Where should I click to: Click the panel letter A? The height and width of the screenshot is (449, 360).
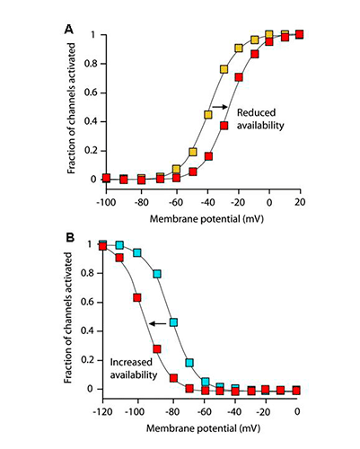click(69, 30)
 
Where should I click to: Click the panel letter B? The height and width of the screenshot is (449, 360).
click(70, 238)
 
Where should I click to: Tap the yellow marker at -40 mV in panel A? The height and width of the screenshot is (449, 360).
click(208, 115)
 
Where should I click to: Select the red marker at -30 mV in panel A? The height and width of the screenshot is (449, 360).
click(224, 126)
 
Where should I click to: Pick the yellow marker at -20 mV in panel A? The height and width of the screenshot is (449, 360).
click(239, 48)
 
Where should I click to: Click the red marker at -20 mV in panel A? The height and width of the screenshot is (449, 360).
click(239, 77)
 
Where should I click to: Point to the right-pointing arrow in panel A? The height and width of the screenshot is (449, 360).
click(220, 107)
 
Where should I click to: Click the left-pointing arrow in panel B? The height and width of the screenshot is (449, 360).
click(158, 323)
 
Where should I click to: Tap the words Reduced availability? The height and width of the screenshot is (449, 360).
click(260, 119)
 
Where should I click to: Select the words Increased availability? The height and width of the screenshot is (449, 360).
click(134, 368)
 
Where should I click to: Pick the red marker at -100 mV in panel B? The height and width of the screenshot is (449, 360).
click(137, 298)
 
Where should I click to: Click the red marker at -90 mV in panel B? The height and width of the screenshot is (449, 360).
click(157, 349)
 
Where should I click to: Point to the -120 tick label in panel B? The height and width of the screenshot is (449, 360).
click(102, 412)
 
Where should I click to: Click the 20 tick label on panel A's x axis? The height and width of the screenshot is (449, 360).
click(300, 202)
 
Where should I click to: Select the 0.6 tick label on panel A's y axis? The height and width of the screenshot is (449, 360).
click(91, 92)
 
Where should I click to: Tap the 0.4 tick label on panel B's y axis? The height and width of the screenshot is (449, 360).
click(87, 330)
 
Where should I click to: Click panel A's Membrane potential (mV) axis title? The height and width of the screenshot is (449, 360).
click(206, 219)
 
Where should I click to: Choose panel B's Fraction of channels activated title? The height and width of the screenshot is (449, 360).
click(68, 318)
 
